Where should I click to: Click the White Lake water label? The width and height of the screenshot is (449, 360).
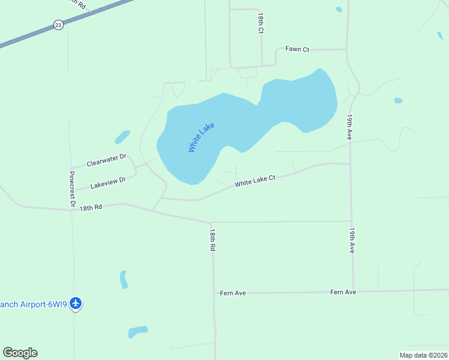(201, 137)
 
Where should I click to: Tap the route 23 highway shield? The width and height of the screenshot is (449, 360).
(58, 25)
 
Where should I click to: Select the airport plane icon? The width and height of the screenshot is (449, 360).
(76, 304)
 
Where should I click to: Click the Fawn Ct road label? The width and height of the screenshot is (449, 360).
(297, 49)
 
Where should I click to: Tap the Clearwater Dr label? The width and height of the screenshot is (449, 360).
(106, 160)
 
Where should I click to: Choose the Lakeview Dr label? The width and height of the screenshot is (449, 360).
(108, 182)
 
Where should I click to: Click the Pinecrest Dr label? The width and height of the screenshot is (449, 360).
(71, 189)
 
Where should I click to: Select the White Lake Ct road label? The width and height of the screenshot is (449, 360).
(255, 181)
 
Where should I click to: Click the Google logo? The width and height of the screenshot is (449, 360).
(20, 353)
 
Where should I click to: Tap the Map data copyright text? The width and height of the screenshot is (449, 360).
(423, 355)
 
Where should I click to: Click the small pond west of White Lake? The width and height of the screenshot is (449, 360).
(122, 137)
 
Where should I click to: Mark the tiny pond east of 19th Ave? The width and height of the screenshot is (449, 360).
(398, 100)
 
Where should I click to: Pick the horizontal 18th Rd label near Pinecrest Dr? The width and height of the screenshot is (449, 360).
(90, 207)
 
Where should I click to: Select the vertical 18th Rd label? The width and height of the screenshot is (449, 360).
(212, 239)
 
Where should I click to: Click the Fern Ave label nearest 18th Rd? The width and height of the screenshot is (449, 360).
(233, 293)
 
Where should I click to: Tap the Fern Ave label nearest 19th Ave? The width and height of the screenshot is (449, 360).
(343, 292)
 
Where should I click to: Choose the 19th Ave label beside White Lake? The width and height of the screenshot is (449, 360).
(349, 127)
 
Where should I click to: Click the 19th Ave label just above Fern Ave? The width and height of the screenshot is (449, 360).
(352, 239)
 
